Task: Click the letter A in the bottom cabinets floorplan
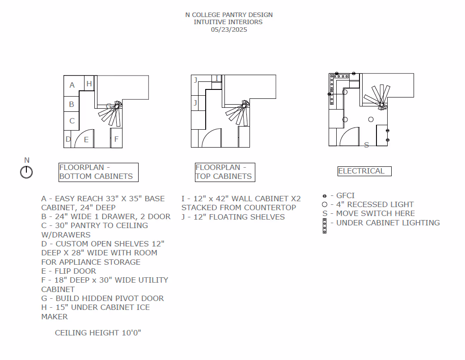72,85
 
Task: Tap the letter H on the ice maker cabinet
89,83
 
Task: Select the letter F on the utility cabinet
116,139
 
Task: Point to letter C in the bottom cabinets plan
72,121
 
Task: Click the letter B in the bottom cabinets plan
72,105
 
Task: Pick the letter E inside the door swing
86,140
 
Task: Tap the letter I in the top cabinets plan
217,79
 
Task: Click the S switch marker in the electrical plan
367,145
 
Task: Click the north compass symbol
26,172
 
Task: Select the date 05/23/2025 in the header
229,30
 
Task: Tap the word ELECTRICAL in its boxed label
361,171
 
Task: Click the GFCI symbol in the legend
325,196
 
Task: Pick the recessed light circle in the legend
325,204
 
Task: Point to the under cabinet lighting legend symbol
325,226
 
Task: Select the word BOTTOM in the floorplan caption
75,176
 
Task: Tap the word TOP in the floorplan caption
203,176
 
